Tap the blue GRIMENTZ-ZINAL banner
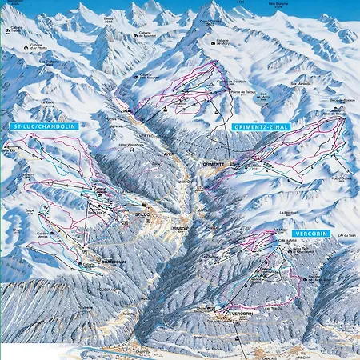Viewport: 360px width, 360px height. (260, 127)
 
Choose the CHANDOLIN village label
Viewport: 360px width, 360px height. (114, 260)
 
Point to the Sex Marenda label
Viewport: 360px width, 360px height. (301, 82)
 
